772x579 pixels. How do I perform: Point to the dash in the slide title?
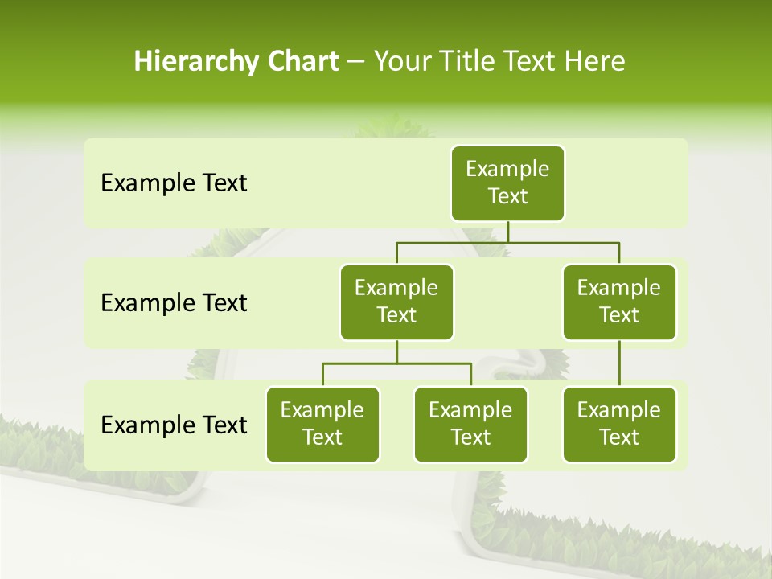click(355, 63)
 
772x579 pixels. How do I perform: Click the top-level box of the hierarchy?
click(507, 183)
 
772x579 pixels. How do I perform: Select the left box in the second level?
click(396, 302)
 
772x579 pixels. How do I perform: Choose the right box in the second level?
click(619, 302)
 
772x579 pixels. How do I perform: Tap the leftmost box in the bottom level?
click(322, 425)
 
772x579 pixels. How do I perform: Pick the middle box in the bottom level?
click(470, 425)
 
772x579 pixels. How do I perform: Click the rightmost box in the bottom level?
click(619, 425)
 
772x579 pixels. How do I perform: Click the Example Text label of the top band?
click(174, 183)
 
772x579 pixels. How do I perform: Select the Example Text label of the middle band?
click(174, 303)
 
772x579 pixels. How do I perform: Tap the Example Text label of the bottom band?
click(174, 425)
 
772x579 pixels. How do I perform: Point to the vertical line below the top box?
click(507, 232)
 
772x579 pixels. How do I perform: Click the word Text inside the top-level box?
click(507, 196)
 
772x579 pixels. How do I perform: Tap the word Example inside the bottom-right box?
click(619, 411)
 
